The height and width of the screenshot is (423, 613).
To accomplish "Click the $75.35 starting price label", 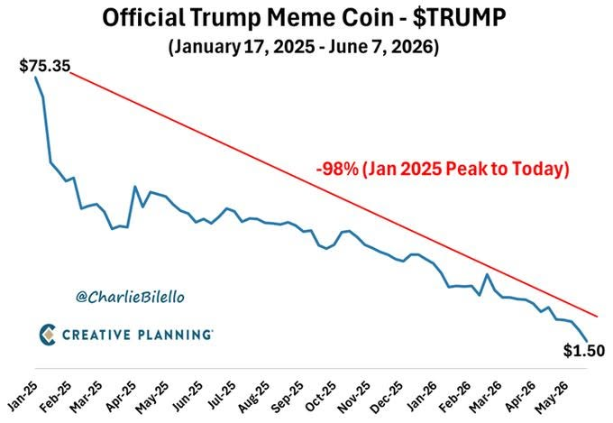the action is pos(45,66).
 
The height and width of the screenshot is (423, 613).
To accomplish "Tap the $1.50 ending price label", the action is pos(583,351).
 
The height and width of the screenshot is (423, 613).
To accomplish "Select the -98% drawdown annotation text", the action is pos(443,169).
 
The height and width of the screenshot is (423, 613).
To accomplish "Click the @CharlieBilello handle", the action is pos(130,297).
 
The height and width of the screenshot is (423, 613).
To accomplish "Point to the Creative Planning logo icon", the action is pos(48,335).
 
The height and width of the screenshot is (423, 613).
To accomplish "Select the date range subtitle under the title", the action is pos(304,47).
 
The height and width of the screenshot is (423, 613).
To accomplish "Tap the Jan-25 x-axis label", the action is pos(23,396).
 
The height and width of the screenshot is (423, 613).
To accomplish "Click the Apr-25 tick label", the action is pos(121,396).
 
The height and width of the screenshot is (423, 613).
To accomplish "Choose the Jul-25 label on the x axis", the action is pos(222,396).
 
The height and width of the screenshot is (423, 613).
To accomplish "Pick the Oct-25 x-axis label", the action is pos(321,396).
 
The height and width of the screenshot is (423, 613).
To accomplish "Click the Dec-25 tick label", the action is pos(387,397).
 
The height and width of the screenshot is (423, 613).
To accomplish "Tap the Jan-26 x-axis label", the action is pos(421,396).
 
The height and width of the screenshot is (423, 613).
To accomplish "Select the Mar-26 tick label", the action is pos(486,397).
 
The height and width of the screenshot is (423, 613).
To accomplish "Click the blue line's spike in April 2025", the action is pos(135,187).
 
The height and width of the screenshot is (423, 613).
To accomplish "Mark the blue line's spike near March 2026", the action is pos(487,274).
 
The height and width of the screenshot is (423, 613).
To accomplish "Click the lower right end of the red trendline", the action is pos(598,317).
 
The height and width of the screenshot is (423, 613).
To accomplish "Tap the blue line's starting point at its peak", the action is pos(35,77).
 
